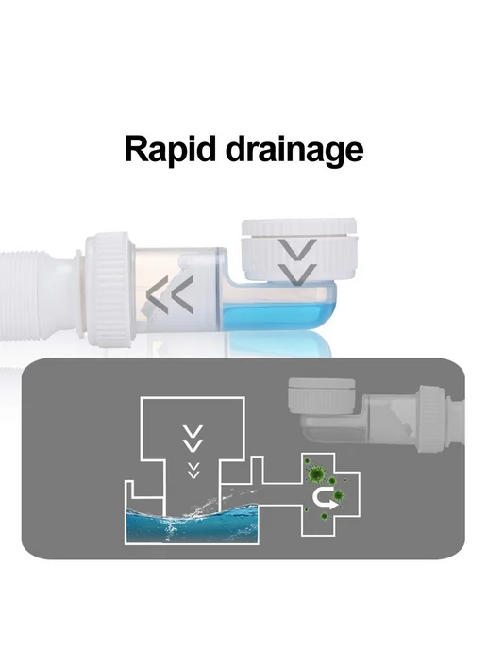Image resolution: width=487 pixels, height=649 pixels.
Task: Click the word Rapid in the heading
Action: (171, 150)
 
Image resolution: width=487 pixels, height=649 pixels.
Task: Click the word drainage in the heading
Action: (294, 150)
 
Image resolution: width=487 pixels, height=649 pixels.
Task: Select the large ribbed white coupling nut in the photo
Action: (110, 289)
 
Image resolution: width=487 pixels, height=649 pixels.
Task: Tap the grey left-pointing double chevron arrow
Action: (170, 294)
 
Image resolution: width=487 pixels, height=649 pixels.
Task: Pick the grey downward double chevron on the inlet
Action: (297, 262)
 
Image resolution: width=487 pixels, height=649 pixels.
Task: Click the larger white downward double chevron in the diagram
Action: (193, 439)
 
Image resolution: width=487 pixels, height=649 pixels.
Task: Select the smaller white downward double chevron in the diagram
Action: (193, 470)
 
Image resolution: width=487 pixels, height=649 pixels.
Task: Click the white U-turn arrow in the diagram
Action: (324, 498)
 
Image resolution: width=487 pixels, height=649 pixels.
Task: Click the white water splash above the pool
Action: (198, 508)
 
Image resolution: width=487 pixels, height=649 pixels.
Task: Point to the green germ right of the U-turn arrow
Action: (338, 494)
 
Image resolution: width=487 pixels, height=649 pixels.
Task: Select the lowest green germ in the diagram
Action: (325, 516)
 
